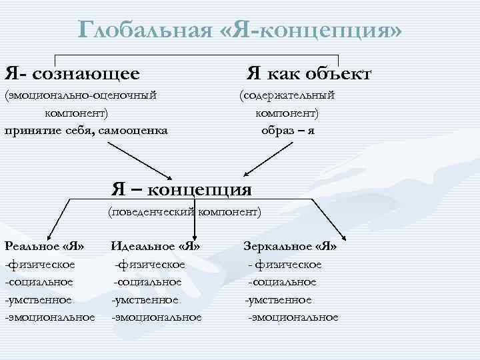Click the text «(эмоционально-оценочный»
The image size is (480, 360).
(x=81, y=95)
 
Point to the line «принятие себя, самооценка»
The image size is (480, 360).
(x=86, y=129)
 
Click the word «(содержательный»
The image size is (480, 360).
(x=287, y=95)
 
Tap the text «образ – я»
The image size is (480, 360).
(x=288, y=129)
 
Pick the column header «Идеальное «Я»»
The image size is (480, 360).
(x=155, y=247)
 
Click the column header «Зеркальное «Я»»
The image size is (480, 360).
(x=290, y=247)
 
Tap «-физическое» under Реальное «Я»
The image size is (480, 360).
(x=40, y=265)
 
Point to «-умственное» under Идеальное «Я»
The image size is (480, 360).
(x=145, y=300)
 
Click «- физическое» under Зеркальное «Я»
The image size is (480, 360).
(x=285, y=265)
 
